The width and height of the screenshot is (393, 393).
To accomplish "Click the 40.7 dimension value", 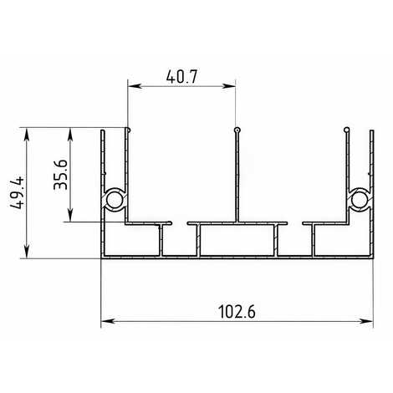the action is [x=181, y=76].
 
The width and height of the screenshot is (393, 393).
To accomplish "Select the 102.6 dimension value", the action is [x=237, y=312].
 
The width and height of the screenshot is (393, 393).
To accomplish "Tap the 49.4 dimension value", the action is [x=18, y=193].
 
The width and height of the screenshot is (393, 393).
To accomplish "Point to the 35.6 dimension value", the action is [x=60, y=175].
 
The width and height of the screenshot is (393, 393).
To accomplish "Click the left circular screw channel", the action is [x=115, y=201].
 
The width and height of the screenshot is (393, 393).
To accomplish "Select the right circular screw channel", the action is [x=360, y=201].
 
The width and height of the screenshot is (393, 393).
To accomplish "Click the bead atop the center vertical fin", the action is [x=237, y=130].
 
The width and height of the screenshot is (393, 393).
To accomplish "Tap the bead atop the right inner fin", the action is [x=347, y=130].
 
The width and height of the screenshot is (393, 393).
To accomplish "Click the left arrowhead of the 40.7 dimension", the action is [x=135, y=86].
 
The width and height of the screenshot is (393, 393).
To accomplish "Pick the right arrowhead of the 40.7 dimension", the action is [x=229, y=86].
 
